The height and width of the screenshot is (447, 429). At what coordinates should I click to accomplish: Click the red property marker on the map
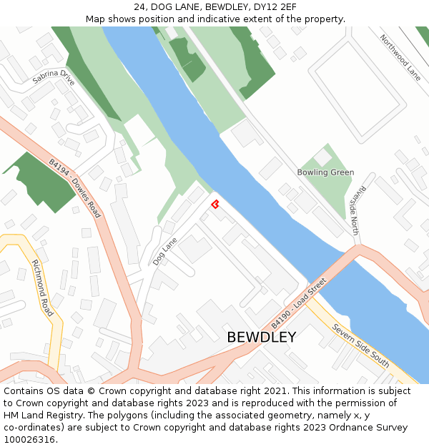click(x=214, y=205)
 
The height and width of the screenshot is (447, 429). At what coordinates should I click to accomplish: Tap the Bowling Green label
click(x=325, y=172)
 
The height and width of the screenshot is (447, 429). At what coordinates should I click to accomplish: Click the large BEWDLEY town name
click(x=261, y=337)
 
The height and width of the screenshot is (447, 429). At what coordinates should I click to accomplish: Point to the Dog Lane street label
click(x=164, y=252)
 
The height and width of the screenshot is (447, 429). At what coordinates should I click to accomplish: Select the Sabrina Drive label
click(x=53, y=77)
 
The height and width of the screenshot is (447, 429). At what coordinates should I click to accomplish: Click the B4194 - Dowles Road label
click(x=75, y=188)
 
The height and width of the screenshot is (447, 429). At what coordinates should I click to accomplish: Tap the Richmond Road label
click(x=43, y=288)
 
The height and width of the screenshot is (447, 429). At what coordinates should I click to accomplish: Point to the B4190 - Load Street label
click(x=299, y=303)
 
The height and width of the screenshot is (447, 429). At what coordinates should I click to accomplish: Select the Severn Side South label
click(x=361, y=345)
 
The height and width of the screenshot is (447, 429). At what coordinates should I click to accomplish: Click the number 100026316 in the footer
click(x=29, y=439)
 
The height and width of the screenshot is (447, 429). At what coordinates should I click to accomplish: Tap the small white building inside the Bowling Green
click(x=322, y=157)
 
